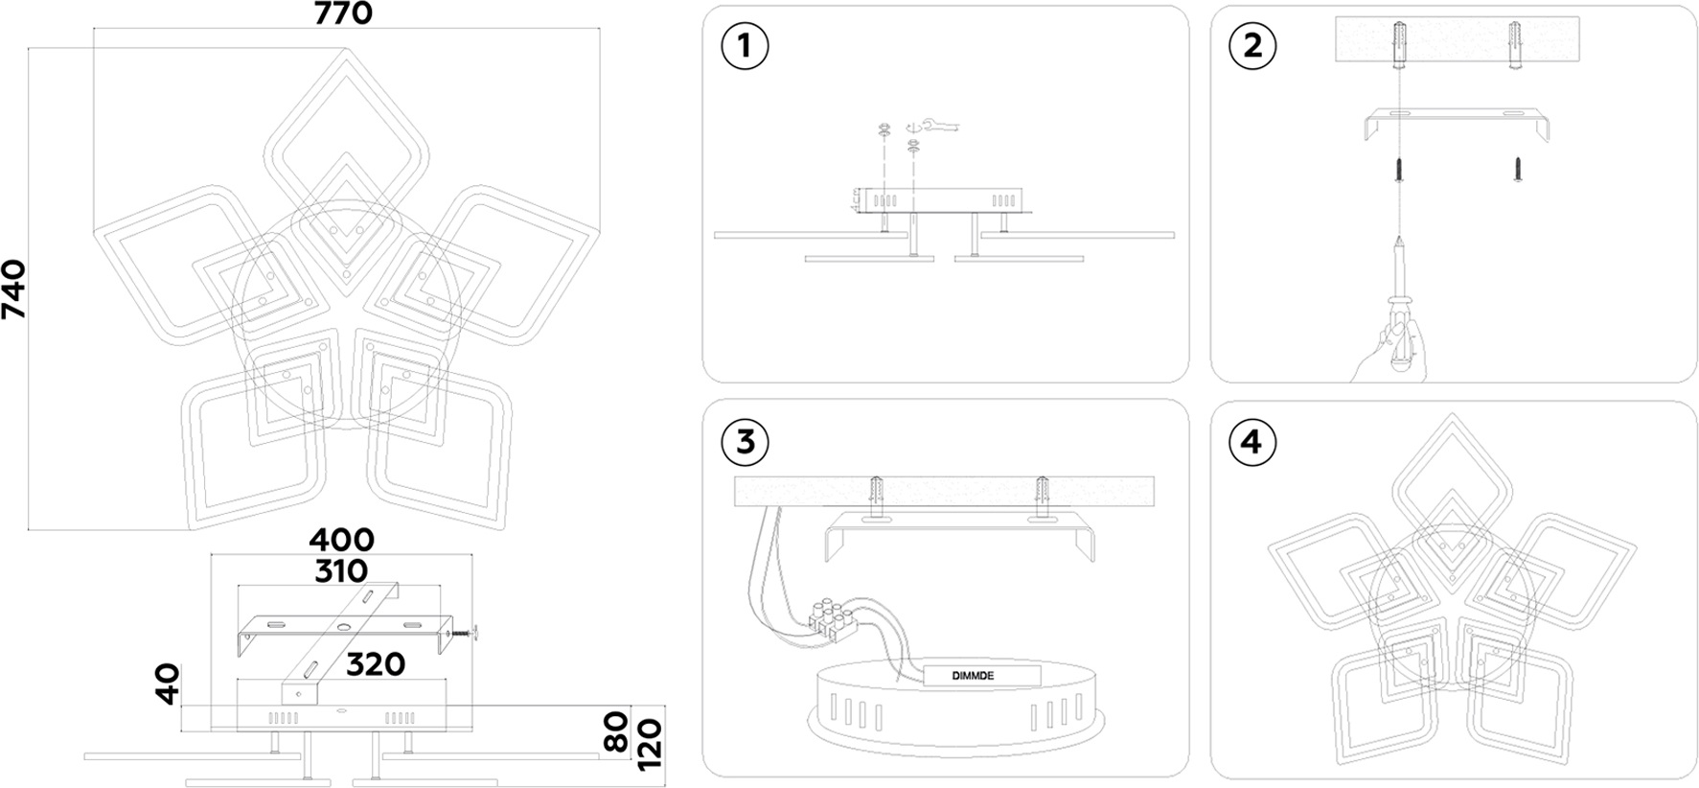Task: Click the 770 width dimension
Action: coord(342,13)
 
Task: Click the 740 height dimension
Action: coord(14,290)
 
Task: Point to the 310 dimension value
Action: coord(341,571)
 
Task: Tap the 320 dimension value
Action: coord(375,663)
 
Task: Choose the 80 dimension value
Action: coord(618,730)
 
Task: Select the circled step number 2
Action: coord(1252,45)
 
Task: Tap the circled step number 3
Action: coord(745,441)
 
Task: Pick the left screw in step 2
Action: coord(1400,172)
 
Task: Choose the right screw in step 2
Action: coord(1518,171)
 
